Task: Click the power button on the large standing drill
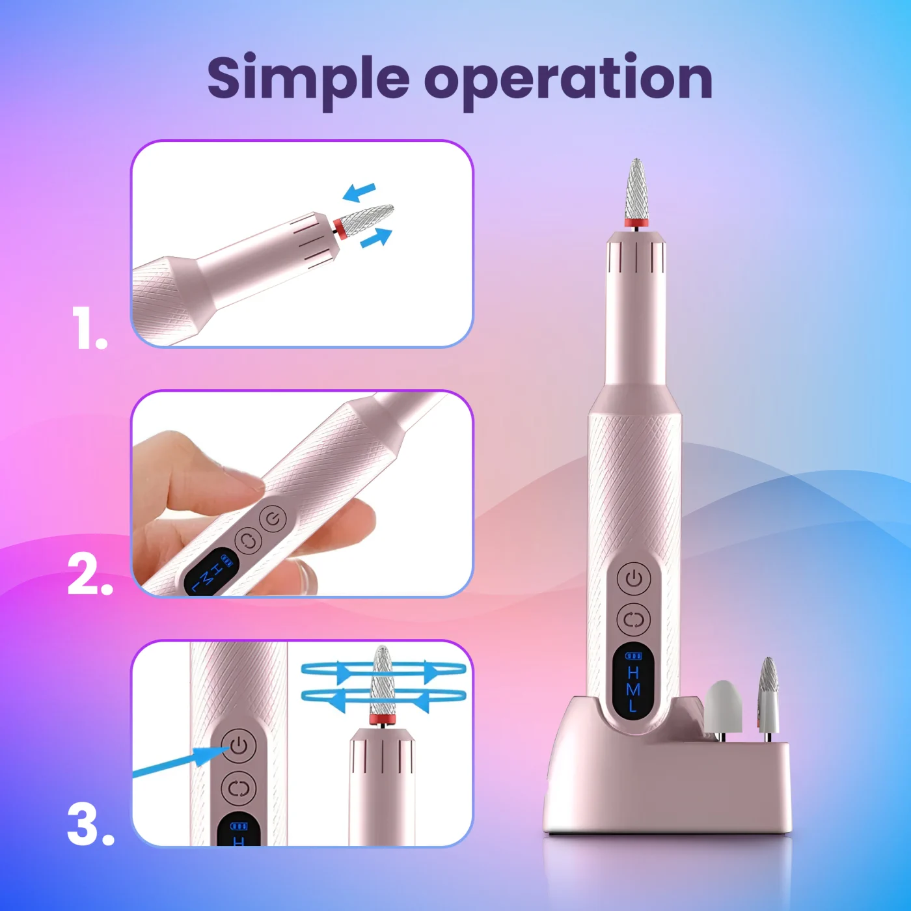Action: coord(634,578)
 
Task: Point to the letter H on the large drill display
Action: coord(634,672)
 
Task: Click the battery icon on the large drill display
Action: coord(634,656)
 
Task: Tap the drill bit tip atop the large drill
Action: coord(637,161)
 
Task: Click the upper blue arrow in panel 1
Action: coord(359,191)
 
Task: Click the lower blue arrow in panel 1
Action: coord(376,238)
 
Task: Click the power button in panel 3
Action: coord(239,746)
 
